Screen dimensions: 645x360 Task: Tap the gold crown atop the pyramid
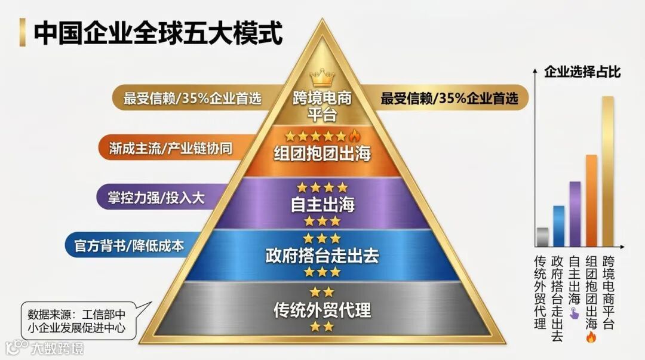point(322,78)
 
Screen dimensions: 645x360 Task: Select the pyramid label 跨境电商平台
point(322,106)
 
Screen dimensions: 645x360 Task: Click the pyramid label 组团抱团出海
point(322,153)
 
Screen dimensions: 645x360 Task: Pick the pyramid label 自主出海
point(322,204)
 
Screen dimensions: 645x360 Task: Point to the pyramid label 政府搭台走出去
point(322,256)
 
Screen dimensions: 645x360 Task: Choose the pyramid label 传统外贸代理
point(322,310)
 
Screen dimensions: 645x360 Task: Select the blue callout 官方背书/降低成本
point(131,245)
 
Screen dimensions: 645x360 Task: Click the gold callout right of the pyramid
point(448,99)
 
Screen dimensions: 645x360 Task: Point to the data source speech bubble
point(76,321)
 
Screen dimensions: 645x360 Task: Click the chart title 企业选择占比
point(582,73)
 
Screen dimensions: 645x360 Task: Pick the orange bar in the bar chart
point(591,201)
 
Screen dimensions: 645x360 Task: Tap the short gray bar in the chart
point(542,237)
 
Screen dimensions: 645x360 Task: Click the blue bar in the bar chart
point(558,226)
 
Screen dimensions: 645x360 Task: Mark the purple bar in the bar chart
point(575,214)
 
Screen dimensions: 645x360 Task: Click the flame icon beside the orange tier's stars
point(351,136)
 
